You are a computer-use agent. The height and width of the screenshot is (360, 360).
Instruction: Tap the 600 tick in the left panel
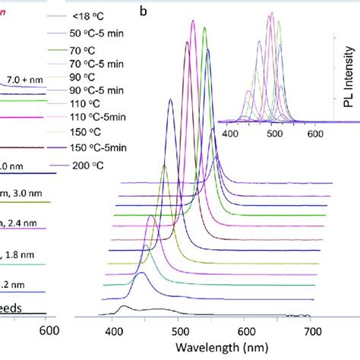click(x=47, y=330)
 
